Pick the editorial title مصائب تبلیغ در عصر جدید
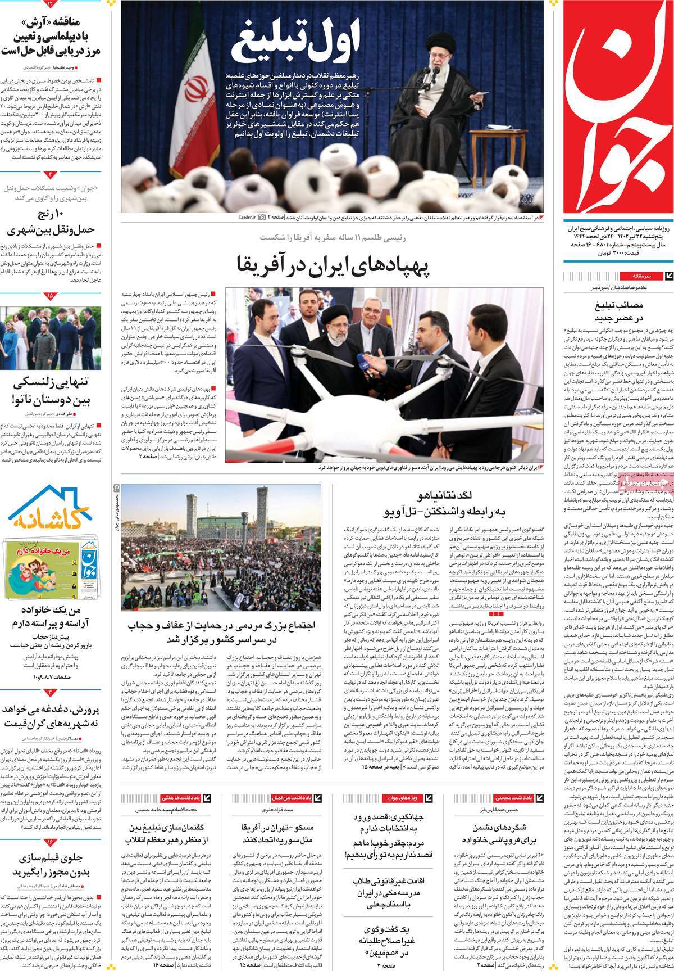coord(618,312)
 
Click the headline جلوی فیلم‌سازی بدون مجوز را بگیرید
coord(51,865)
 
